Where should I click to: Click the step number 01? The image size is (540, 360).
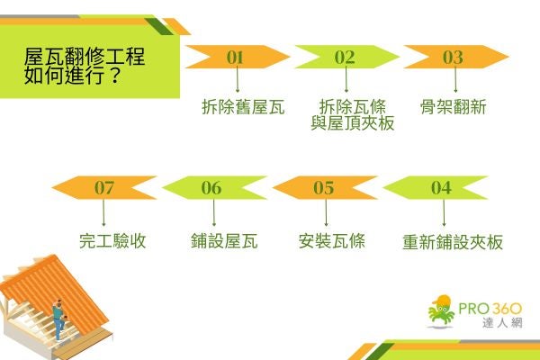tap(236, 57)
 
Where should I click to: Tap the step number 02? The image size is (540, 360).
tap(345, 57)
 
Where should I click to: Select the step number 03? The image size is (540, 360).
tap(453, 57)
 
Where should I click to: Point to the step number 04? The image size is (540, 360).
tap(441, 188)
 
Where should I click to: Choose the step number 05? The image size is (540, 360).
tap(324, 188)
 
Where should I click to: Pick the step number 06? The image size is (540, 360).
tap(211, 188)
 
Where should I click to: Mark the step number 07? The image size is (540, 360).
tap(104, 188)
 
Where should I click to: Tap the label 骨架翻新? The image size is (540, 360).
tap(454, 108)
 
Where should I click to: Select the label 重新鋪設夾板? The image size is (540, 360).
tap(452, 242)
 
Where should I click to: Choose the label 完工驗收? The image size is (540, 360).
tap(112, 242)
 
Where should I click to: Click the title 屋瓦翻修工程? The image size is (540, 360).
tap(85, 56)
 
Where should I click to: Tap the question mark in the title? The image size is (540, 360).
tap(117, 76)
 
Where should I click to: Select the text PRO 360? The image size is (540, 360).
tap(489, 310)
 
